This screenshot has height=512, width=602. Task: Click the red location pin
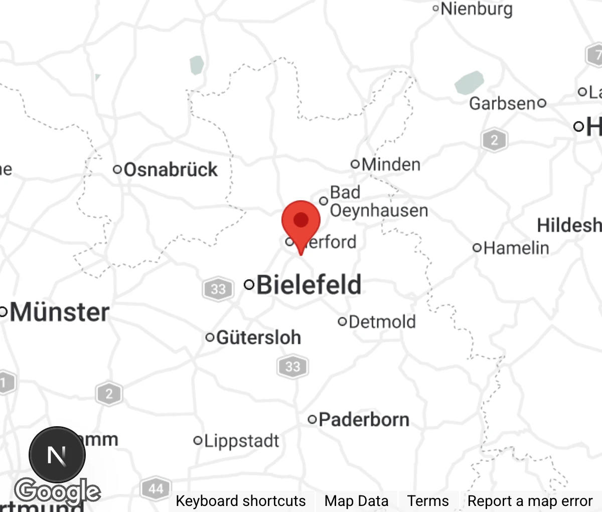[301, 221]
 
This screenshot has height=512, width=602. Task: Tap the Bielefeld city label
[309, 285]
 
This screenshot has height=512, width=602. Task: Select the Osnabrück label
[170, 170]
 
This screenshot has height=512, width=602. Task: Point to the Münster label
[59, 312]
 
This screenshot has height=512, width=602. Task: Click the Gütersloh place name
[258, 337]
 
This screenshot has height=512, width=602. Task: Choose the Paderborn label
[364, 419]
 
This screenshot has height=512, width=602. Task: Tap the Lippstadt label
[241, 441]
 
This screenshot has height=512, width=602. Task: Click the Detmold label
[382, 322]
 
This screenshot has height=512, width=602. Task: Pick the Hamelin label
[516, 247]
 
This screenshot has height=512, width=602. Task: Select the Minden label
[391, 164]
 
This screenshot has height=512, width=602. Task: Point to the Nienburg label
[476, 9]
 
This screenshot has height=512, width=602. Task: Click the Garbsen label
[503, 103]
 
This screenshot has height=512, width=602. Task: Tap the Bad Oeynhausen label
[378, 201]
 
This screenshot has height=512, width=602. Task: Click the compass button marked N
[57, 455]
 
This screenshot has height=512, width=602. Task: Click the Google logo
[57, 491]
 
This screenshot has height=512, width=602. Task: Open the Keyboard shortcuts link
[240, 501]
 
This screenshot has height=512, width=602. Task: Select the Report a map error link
[530, 501]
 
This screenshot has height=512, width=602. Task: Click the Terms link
[427, 501]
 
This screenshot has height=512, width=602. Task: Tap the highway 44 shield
[156, 488]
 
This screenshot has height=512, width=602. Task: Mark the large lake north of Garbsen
[470, 82]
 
